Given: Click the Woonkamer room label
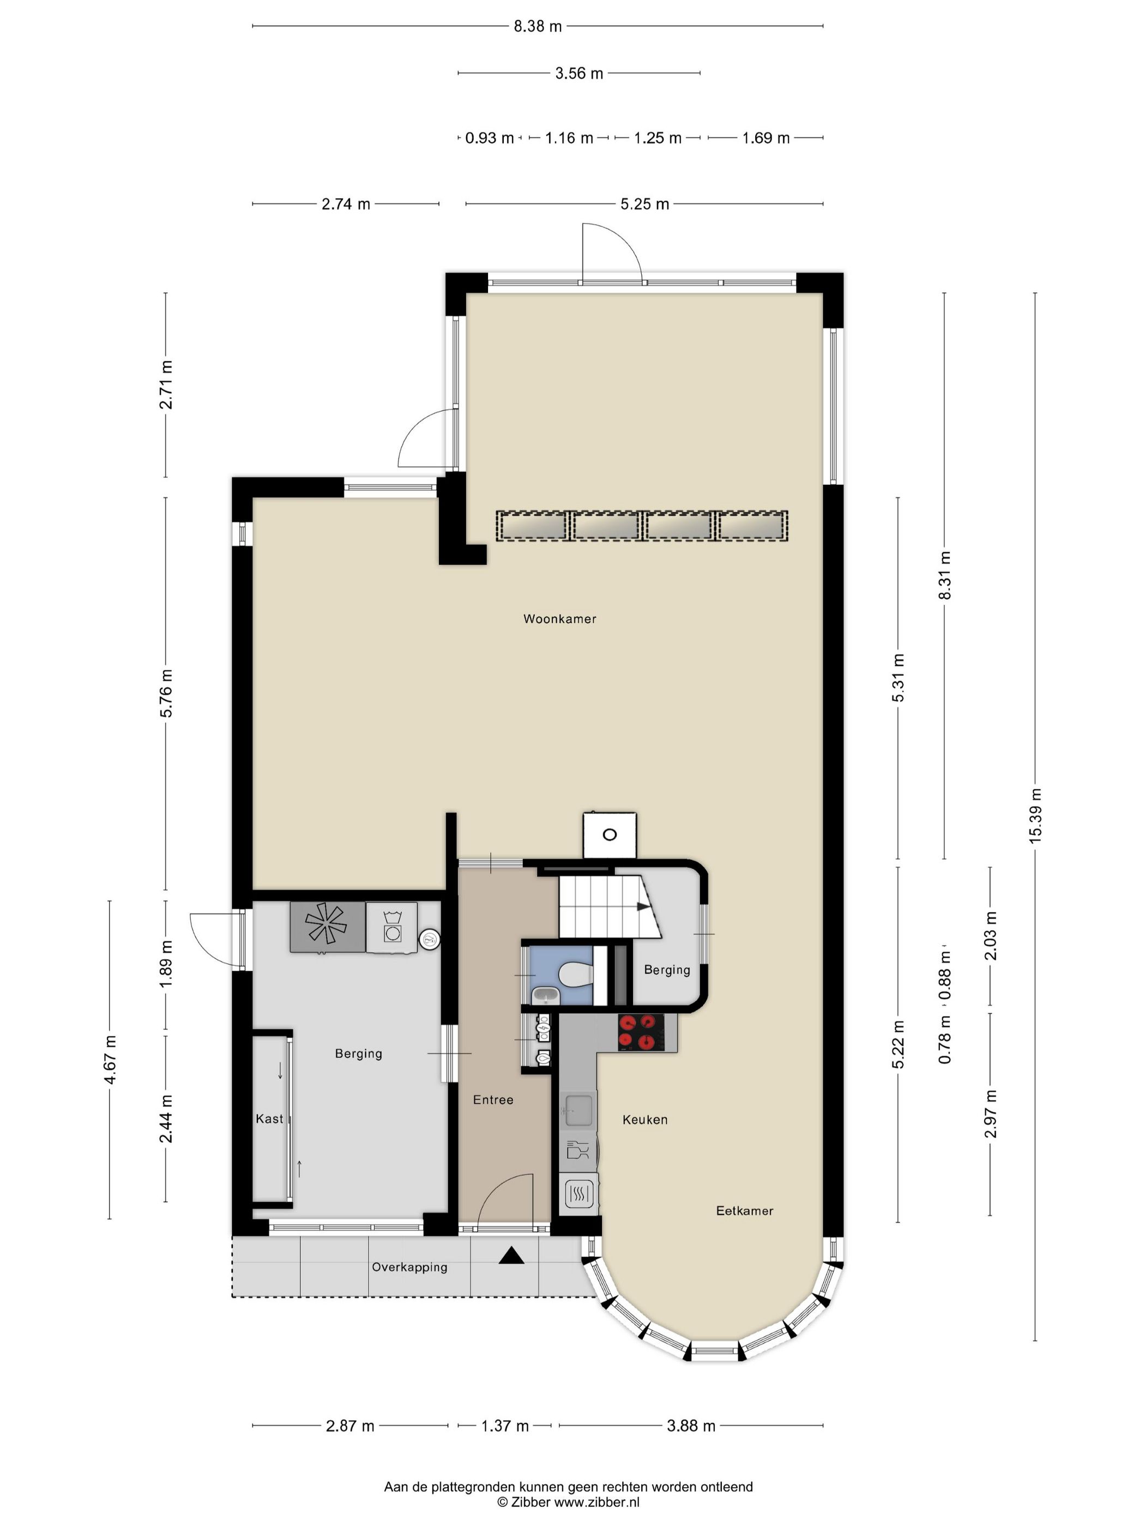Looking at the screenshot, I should coord(559,619).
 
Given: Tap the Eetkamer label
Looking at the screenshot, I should coord(744,1210).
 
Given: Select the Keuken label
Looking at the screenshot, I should coord(644,1120).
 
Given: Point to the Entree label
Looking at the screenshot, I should coord(493,1099).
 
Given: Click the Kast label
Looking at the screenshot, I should coord(269,1119).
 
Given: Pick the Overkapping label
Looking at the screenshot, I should coord(409,1267).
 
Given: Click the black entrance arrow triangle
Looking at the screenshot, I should coord(511,1256).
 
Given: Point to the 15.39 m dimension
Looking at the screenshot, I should coord(1034,815).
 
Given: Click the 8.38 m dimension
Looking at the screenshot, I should coord(538,26).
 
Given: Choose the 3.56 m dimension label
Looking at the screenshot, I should coord(579,73).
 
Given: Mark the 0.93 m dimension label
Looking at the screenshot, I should coord(489,138).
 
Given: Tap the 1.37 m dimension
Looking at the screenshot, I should coord(504,1426).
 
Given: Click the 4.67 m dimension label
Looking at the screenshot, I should coord(110,1060).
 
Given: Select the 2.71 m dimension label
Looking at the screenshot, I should coord(166,384).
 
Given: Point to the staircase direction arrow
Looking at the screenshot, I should coord(642,906).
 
